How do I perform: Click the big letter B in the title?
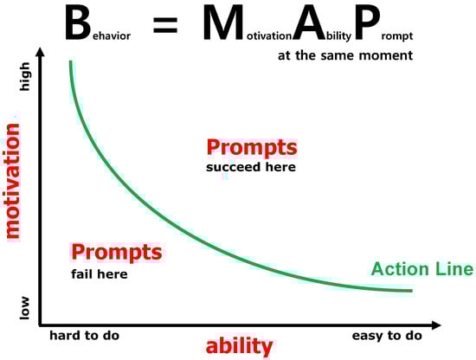[78, 23]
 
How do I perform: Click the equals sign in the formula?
[165, 25]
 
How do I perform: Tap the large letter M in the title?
[223, 23]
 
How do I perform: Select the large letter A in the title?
[309, 23]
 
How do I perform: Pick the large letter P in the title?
[367, 23]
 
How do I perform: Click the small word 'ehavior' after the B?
[112, 35]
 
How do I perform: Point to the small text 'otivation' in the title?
[269, 35]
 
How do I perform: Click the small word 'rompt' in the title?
[397, 36]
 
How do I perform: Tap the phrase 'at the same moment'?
[345, 55]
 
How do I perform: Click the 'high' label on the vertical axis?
[25, 76]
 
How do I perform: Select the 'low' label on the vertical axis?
[25, 308]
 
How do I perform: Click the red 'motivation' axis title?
[13, 181]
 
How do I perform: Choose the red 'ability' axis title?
[239, 346]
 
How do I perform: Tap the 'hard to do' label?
[85, 336]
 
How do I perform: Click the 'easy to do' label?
[387, 336]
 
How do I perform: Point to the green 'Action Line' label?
[422, 269]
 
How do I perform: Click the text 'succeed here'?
[251, 167]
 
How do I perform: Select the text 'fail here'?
[100, 274]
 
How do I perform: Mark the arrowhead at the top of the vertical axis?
[40, 52]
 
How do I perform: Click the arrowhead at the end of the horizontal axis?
[436, 325]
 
